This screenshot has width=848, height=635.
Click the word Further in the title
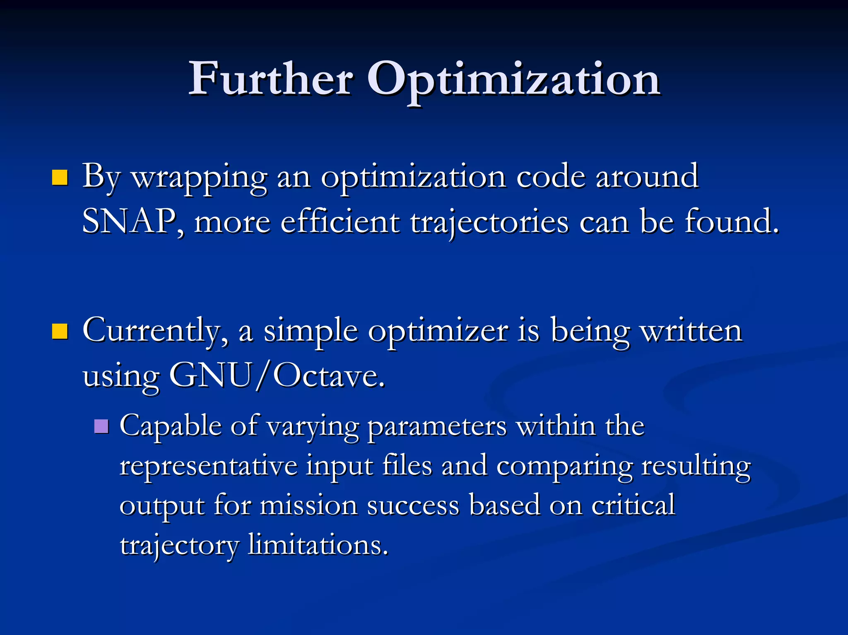(271, 79)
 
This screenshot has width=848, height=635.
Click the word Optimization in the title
(513, 81)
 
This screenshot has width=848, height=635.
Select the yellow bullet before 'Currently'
(60, 331)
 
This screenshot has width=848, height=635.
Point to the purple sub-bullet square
(101, 426)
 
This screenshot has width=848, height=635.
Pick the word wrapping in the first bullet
(199, 178)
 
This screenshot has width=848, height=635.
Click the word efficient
(340, 221)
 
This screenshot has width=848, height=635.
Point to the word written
(691, 331)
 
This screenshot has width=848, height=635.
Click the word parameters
(437, 427)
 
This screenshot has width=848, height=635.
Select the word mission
(308, 505)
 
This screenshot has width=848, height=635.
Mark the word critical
(633, 505)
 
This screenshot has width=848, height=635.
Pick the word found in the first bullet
(731, 221)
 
